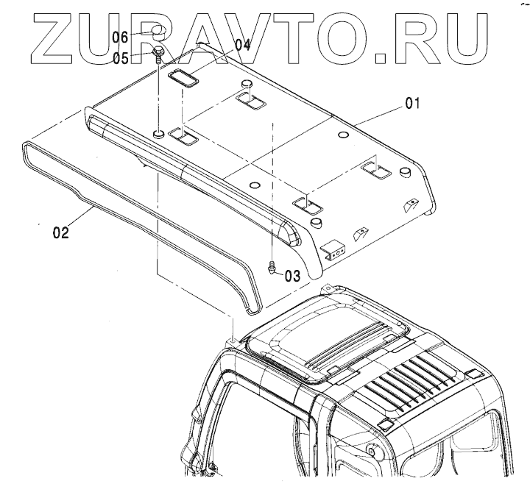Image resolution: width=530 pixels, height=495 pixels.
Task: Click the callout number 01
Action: (410, 104)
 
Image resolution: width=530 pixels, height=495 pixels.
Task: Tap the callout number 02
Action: (60, 233)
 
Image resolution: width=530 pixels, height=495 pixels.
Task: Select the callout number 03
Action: (292, 276)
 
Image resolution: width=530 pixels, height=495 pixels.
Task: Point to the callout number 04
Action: (242, 44)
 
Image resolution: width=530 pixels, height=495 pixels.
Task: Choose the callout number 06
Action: (121, 35)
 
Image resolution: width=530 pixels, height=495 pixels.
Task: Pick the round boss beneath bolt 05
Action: (158, 132)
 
